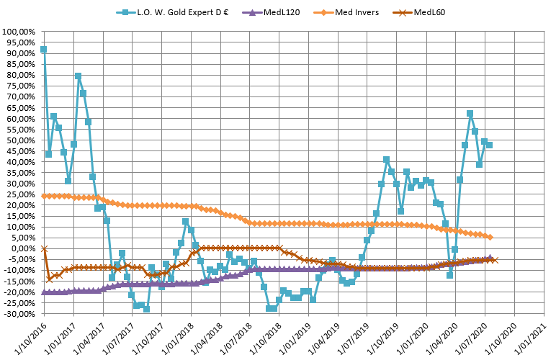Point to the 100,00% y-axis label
click(19, 32)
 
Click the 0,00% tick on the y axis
click(24, 248)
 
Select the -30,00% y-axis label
click(20, 313)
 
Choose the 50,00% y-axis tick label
click(22, 140)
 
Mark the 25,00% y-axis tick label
click(22, 194)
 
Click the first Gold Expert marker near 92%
click(44, 50)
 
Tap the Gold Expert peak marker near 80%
click(78, 76)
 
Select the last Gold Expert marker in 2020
click(490, 145)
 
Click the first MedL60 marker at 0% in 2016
click(44, 248)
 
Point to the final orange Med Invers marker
click(490, 237)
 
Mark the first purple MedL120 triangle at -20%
click(44, 292)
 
